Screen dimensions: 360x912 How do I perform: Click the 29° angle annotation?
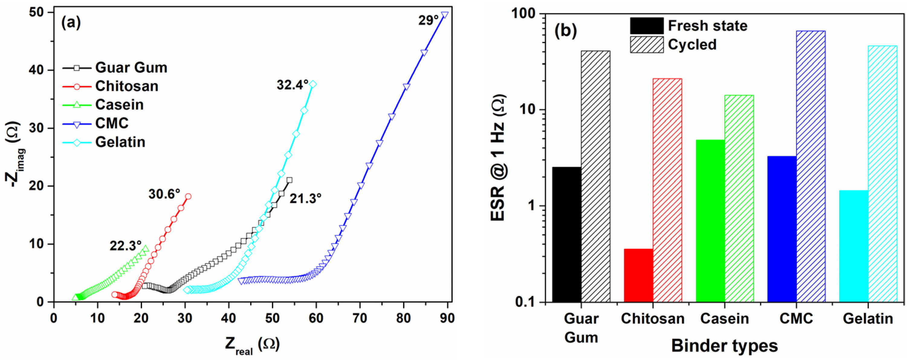click(x=428, y=21)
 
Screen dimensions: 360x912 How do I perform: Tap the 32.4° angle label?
click(x=293, y=85)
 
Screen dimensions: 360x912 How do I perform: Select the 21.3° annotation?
click(x=305, y=199)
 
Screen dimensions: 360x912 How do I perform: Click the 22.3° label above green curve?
click(x=125, y=246)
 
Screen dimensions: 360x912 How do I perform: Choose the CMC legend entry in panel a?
click(x=112, y=123)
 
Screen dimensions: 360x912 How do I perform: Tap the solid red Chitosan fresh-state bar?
click(x=638, y=275)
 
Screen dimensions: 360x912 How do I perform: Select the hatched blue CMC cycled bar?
click(x=811, y=166)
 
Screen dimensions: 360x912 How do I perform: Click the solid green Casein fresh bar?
click(x=710, y=220)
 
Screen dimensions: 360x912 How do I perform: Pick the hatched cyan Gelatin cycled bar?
click(x=883, y=173)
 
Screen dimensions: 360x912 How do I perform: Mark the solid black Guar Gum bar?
click(x=567, y=234)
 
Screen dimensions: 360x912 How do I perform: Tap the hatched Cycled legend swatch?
click(x=646, y=45)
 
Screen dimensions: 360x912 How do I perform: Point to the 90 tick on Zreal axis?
click(x=447, y=318)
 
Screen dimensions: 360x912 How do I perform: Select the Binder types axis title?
click(x=724, y=346)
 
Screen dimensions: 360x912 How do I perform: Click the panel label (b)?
click(x=565, y=31)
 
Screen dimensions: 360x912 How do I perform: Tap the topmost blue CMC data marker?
click(x=445, y=15)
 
